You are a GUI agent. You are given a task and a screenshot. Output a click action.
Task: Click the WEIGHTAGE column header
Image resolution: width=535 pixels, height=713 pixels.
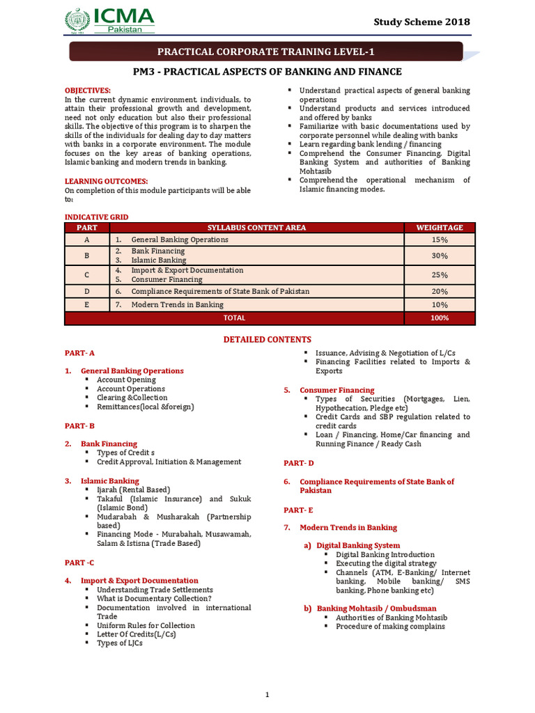[x=439, y=228]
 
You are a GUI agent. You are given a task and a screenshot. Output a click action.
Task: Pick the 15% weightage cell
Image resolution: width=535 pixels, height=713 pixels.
[x=439, y=240]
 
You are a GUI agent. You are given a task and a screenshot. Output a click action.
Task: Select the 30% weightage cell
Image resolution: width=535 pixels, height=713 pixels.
[x=439, y=256]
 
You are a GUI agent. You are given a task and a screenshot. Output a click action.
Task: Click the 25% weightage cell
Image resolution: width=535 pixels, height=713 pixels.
[x=439, y=275]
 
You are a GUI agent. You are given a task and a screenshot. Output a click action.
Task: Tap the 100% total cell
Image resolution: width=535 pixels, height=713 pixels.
[x=439, y=318]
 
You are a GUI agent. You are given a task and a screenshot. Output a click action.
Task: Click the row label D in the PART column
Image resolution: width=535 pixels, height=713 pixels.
[x=87, y=292]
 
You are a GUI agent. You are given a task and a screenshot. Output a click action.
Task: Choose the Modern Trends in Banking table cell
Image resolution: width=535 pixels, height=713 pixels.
[x=177, y=305]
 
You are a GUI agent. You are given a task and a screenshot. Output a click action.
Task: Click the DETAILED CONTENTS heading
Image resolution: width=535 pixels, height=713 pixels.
[x=267, y=340]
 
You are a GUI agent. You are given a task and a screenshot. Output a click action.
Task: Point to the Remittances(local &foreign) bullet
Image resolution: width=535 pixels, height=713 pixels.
[x=145, y=407]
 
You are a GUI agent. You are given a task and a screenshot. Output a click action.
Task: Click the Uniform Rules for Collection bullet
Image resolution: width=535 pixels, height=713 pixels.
[x=146, y=625]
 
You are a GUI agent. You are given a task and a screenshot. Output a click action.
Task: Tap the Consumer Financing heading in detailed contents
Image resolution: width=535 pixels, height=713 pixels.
[x=336, y=390]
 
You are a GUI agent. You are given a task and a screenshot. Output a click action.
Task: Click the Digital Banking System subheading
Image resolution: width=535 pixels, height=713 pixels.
[x=358, y=545]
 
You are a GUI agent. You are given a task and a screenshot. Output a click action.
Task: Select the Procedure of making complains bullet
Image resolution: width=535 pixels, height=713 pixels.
[x=390, y=627]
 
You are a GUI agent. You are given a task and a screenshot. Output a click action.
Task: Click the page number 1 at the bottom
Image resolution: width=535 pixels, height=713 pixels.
[x=267, y=695]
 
